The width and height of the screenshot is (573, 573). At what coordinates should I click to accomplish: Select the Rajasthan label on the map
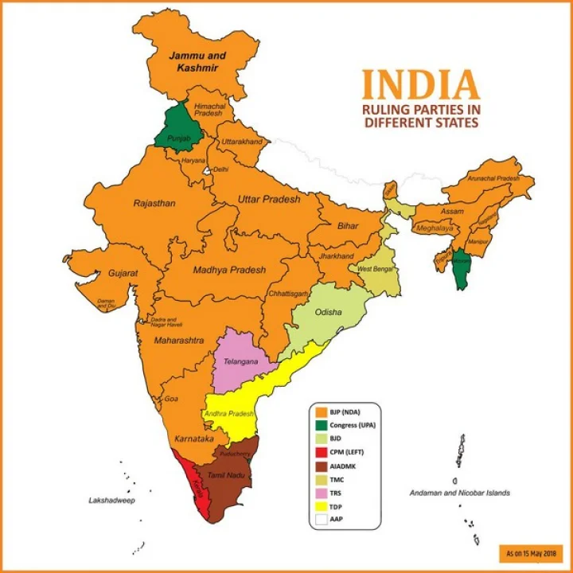(155, 203)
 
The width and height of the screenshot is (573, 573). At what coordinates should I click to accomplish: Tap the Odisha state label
(329, 312)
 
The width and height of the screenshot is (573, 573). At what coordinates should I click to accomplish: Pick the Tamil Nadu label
(224, 475)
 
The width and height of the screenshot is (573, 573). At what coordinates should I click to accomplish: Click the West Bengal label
(374, 269)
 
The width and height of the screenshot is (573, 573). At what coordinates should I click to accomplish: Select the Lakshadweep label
(112, 501)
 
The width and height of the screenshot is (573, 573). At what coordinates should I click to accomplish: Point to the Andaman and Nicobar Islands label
(460, 493)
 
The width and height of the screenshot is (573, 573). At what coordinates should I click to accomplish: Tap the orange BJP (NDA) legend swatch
(322, 412)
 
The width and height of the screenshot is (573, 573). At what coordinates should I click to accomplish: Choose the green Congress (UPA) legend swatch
(322, 426)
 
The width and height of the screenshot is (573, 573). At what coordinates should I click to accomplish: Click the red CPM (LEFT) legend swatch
(322, 453)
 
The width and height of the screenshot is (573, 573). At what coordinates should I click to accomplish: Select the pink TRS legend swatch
(322, 493)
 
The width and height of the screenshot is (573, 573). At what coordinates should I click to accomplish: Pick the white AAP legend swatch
(322, 520)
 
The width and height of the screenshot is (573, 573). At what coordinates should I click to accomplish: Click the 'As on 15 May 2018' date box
(531, 552)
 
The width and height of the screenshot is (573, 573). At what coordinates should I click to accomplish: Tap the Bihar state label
(348, 226)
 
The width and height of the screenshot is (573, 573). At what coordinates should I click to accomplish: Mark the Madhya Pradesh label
(229, 270)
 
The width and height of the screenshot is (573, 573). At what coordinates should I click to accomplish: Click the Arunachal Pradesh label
(499, 179)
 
